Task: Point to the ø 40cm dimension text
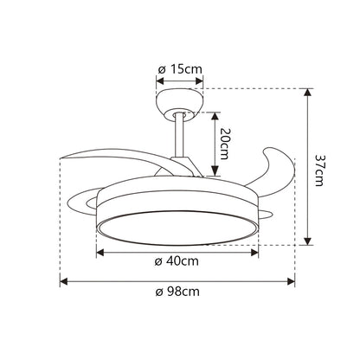point(178,261)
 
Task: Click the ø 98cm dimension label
point(178,291)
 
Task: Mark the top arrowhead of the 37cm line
point(307,90)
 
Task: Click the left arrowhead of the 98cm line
point(63,280)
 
